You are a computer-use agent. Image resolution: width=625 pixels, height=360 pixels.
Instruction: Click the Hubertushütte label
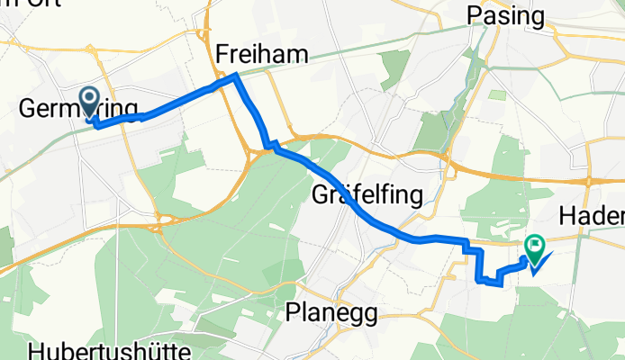pyautogui.click(x=104, y=349)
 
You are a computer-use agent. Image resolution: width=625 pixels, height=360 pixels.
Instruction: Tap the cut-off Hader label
pyautogui.click(x=592, y=216)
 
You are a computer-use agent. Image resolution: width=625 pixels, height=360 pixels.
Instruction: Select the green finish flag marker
pyautogui.click(x=535, y=246)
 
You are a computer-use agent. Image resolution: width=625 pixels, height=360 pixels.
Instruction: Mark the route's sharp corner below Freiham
pyautogui.click(x=236, y=76)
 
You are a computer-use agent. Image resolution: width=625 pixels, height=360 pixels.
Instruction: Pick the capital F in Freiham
pyautogui.click(x=222, y=55)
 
